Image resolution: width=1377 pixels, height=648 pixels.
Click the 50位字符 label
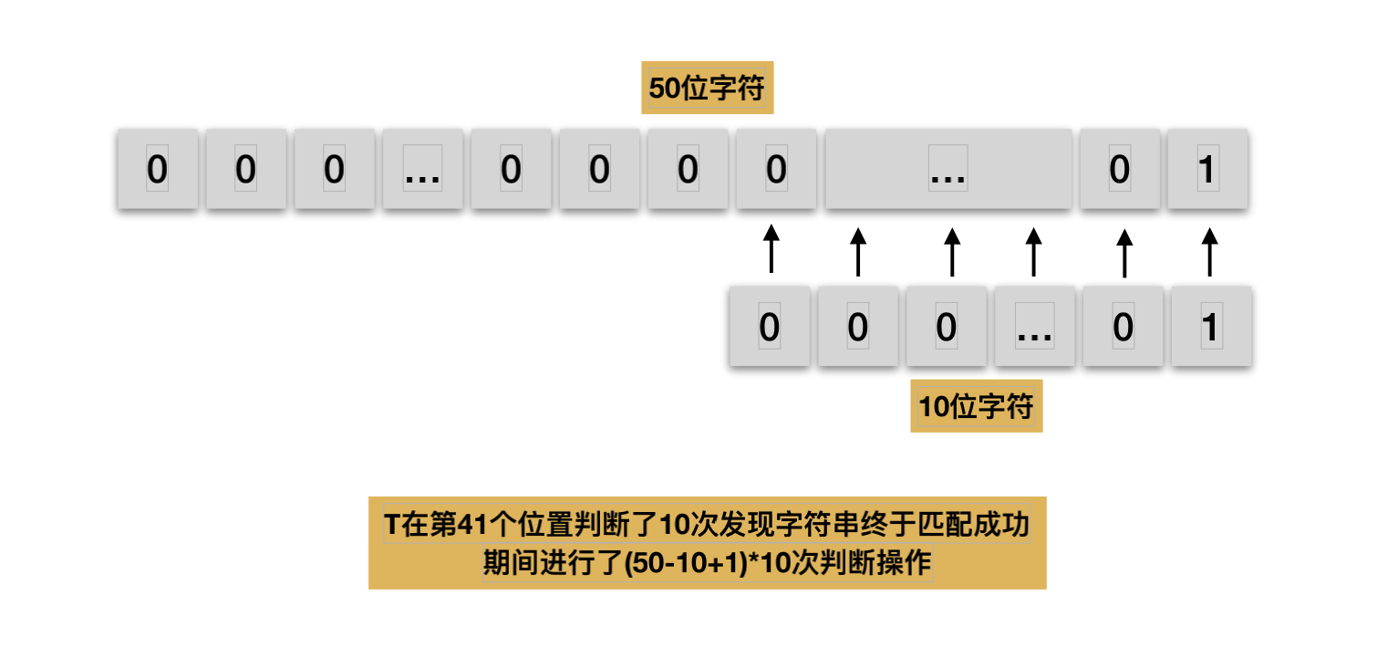(x=707, y=89)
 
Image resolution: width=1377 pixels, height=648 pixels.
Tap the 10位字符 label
(x=976, y=406)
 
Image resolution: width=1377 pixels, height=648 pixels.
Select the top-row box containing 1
(x=1207, y=171)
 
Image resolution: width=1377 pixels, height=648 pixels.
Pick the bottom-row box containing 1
(x=1210, y=328)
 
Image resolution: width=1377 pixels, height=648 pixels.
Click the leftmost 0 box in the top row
(x=157, y=171)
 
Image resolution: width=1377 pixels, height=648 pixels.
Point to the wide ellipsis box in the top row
(x=948, y=171)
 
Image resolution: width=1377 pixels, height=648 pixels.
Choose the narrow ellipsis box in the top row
(x=422, y=171)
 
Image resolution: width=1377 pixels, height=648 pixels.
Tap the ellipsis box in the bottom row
(x=1034, y=328)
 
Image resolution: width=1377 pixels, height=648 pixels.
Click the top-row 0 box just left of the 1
(x=1119, y=171)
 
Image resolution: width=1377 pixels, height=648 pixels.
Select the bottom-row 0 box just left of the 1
(x=1123, y=328)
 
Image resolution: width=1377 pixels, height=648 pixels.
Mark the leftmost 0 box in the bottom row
(x=769, y=328)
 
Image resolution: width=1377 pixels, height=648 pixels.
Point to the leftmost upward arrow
(x=771, y=248)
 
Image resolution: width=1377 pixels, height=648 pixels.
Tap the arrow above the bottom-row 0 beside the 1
(x=1124, y=252)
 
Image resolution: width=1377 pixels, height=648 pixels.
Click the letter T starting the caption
(x=391, y=527)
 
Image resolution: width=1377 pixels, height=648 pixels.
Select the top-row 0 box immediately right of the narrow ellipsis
(x=511, y=171)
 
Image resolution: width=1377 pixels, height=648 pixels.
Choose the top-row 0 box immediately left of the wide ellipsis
(x=776, y=171)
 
